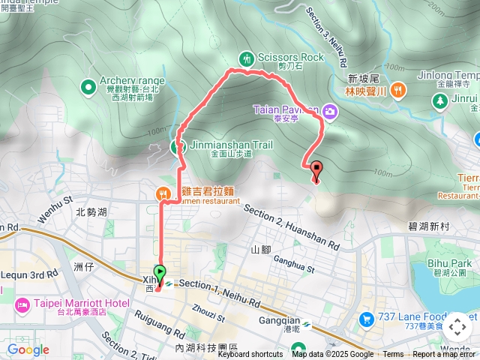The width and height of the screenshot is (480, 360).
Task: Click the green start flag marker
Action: tap(160, 272)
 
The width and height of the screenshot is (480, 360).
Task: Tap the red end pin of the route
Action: tap(316, 169)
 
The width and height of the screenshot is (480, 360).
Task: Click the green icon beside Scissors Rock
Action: tap(246, 58)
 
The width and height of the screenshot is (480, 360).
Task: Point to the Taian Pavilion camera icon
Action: tap(331, 112)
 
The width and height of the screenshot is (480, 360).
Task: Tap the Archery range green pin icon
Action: tap(89, 88)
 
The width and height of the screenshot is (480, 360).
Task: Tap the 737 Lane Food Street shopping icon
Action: tap(367, 319)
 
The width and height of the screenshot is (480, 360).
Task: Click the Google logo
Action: tap(28, 349)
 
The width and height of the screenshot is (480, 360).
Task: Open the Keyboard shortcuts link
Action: tap(250, 355)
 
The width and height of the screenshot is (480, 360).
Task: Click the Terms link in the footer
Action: tap(393, 355)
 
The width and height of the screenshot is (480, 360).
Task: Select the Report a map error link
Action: tap(444, 355)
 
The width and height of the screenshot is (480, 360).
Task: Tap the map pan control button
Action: tap(457, 327)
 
